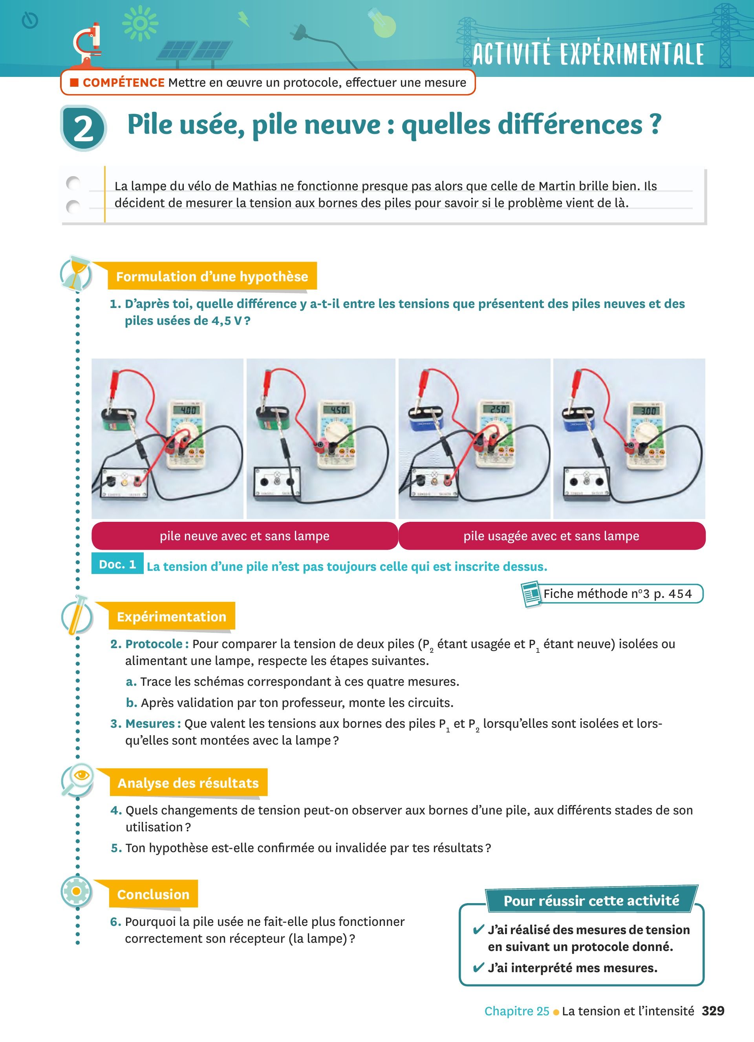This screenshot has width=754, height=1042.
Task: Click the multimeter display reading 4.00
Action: click(x=188, y=410)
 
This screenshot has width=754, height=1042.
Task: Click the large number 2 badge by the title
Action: click(x=84, y=128)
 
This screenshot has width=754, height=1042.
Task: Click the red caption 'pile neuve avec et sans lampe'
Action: click(x=245, y=536)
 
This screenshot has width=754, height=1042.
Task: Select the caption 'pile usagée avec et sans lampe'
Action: click(x=552, y=536)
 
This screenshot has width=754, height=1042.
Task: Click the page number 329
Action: click(x=713, y=1011)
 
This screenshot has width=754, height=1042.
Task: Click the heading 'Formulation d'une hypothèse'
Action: click(x=212, y=276)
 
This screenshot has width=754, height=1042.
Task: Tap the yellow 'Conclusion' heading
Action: click(x=153, y=894)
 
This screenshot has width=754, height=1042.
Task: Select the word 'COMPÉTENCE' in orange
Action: click(x=124, y=83)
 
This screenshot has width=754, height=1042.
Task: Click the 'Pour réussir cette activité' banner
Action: click(x=591, y=900)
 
